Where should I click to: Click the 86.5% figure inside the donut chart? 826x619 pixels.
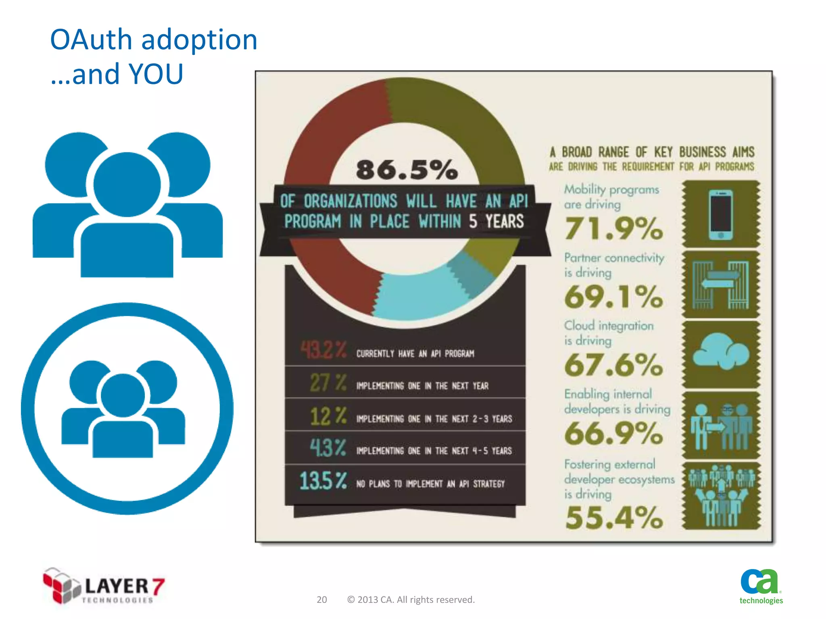point(407,170)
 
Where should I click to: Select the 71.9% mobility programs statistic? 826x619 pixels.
point(613,228)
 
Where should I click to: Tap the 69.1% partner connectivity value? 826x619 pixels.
point(613,297)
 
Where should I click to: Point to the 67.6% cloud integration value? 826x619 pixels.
point(613,365)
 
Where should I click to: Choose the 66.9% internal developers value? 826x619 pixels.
point(613,434)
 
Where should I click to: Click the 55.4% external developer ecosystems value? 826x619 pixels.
point(613,517)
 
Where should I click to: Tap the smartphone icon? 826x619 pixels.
point(721,214)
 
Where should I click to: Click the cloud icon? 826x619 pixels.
point(721,351)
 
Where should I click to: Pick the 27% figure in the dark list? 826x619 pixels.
point(328,383)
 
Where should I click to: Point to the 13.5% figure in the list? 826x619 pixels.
point(323,481)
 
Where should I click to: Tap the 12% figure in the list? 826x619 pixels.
point(328,416)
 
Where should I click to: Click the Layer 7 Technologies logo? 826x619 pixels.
point(104,586)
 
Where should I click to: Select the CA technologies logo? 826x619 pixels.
point(761,586)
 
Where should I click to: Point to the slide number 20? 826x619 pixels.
point(321,600)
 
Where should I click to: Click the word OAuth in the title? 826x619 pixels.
point(91,40)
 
